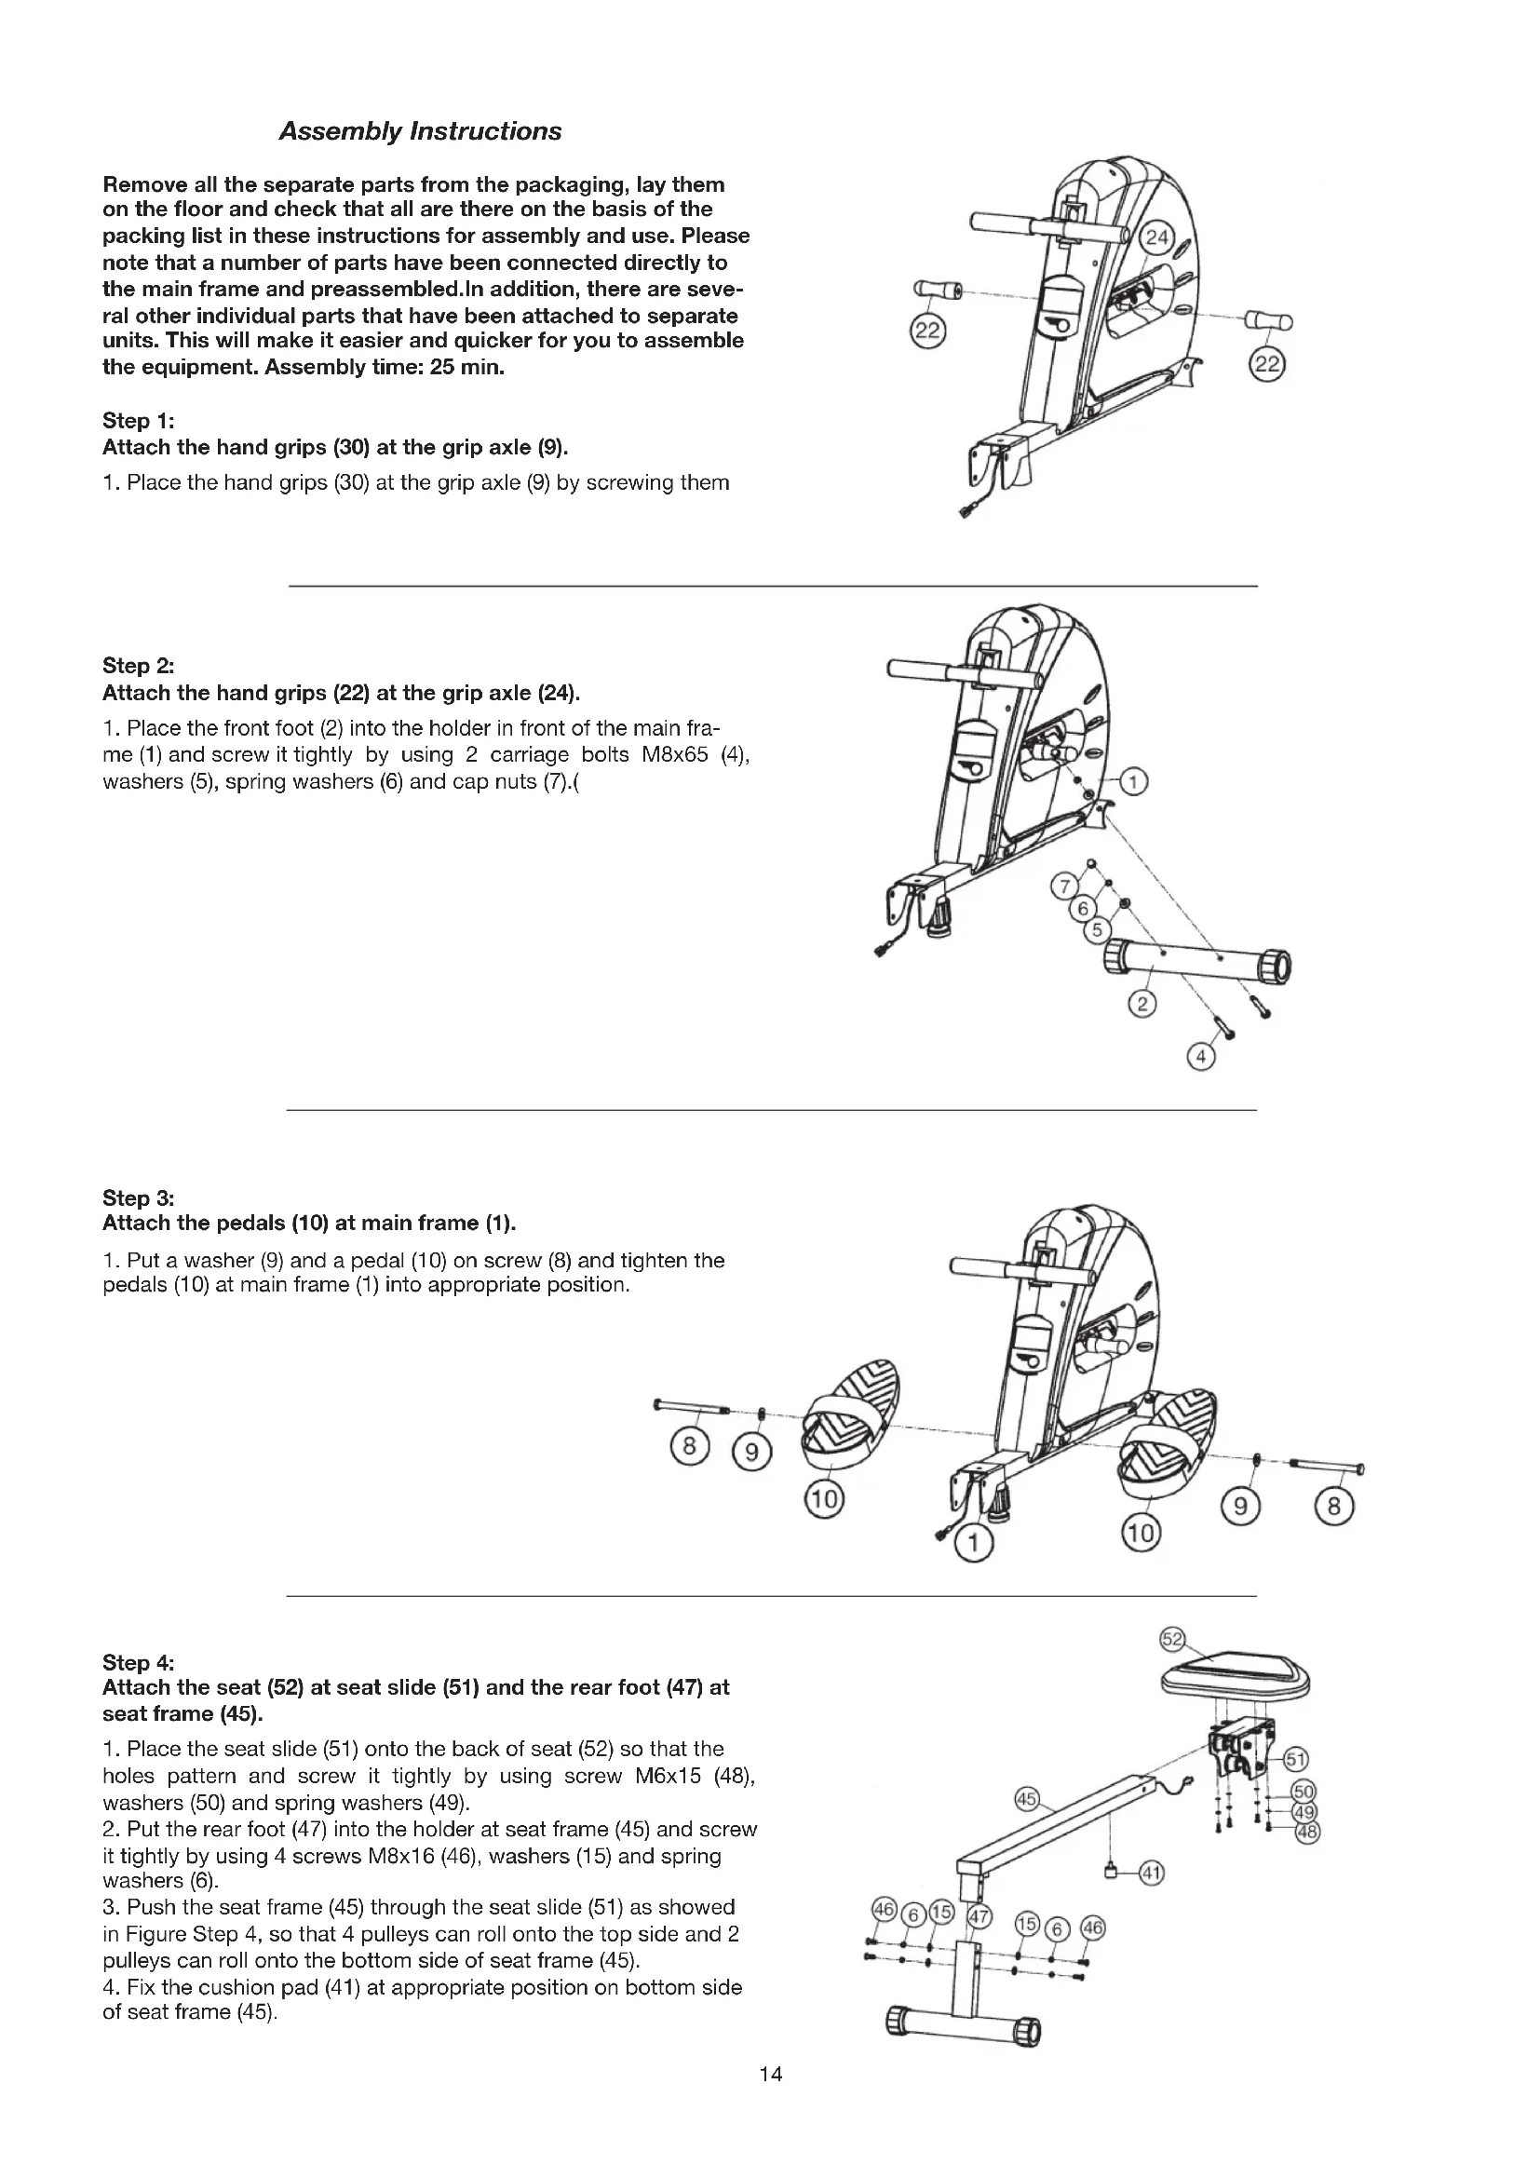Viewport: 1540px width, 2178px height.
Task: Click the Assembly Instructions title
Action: (x=420, y=132)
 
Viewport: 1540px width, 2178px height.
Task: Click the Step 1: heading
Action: (x=138, y=420)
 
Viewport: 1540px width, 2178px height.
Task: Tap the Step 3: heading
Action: (x=138, y=1197)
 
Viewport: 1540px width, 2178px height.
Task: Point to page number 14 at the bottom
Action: (x=770, y=2074)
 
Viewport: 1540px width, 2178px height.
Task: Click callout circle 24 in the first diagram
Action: (x=1157, y=238)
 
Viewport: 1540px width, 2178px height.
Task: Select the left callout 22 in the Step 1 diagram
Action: (x=926, y=331)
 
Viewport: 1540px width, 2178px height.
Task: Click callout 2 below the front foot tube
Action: (x=1142, y=1004)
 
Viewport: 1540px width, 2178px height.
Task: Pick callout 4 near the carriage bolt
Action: (x=1200, y=1057)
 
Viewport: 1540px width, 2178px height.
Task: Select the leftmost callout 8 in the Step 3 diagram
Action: (x=689, y=1447)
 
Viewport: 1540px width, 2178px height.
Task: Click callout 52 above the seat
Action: (x=1173, y=1639)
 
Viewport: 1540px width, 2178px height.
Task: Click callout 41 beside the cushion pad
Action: (x=1151, y=1873)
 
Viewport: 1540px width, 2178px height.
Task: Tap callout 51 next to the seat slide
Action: (x=1295, y=1760)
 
